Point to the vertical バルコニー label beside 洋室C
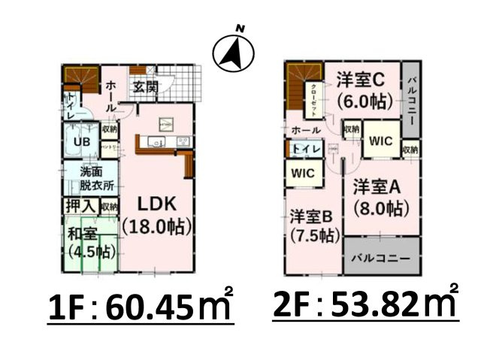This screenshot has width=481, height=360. (x=412, y=97)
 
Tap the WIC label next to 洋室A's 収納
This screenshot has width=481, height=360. (x=382, y=140)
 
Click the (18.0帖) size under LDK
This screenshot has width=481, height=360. (x=156, y=226)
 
